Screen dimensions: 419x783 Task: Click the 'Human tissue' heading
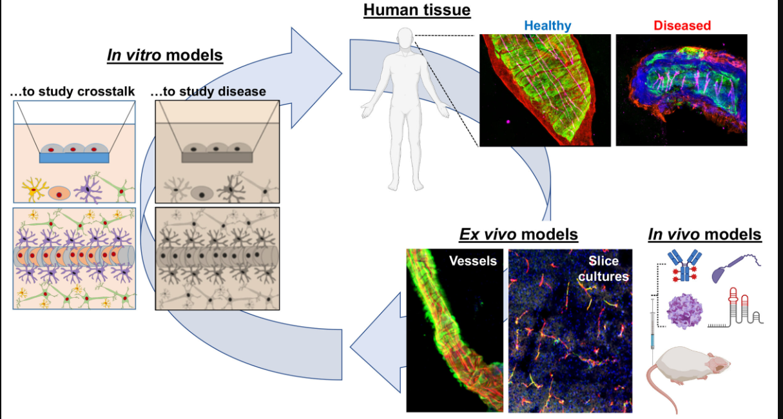(417, 10)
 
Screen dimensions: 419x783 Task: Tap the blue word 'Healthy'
(547, 26)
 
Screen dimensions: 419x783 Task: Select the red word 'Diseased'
(682, 26)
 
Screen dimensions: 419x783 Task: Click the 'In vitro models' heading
(164, 55)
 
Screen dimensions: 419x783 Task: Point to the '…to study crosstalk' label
(72, 92)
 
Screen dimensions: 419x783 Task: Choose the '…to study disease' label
(208, 92)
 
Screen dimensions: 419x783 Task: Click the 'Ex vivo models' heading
(518, 234)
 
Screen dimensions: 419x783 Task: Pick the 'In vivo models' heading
(704, 235)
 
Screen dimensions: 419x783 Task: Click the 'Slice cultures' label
(603, 268)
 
